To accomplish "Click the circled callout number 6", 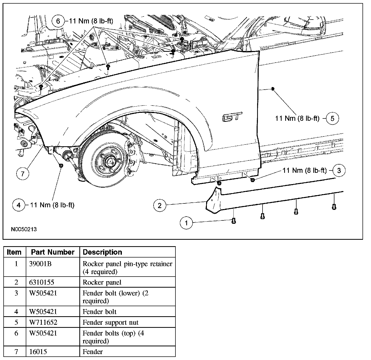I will point(58,21).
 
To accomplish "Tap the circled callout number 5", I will point(332,118).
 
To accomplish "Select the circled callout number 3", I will point(339,170).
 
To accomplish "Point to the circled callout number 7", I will point(23,174).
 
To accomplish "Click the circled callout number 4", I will point(19,205).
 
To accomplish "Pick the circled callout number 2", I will point(160,205).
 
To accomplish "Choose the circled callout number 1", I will point(187,222).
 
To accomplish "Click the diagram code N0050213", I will point(24,229).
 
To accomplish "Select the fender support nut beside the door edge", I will point(273,89).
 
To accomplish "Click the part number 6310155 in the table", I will point(41,282).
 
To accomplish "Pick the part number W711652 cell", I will point(43,322).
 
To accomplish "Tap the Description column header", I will point(102,252).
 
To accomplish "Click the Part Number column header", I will point(53,252).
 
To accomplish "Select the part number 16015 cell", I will point(38,352).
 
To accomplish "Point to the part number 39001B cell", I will point(40,264).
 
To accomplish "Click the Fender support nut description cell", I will point(110,322).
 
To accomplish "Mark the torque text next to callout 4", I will point(52,205).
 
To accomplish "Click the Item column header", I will point(14,252).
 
